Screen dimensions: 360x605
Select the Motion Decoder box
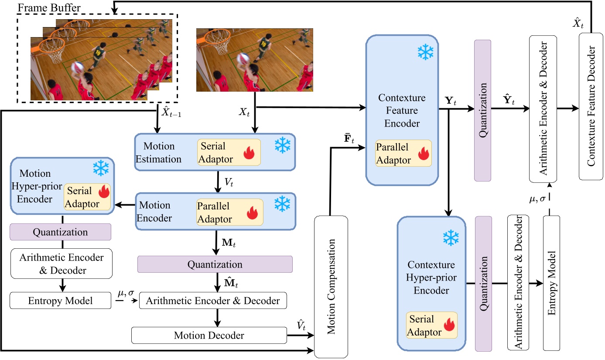click(x=209, y=336)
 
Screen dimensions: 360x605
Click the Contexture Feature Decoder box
click(x=591, y=106)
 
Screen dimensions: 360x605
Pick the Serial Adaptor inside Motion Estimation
click(x=229, y=152)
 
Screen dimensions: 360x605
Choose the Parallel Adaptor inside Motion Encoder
click(x=230, y=212)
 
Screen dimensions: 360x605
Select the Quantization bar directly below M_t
click(x=215, y=264)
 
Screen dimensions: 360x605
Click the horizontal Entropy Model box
click(x=61, y=301)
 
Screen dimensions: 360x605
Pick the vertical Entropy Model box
click(x=551, y=282)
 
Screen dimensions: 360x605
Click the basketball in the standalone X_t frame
click(x=243, y=58)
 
